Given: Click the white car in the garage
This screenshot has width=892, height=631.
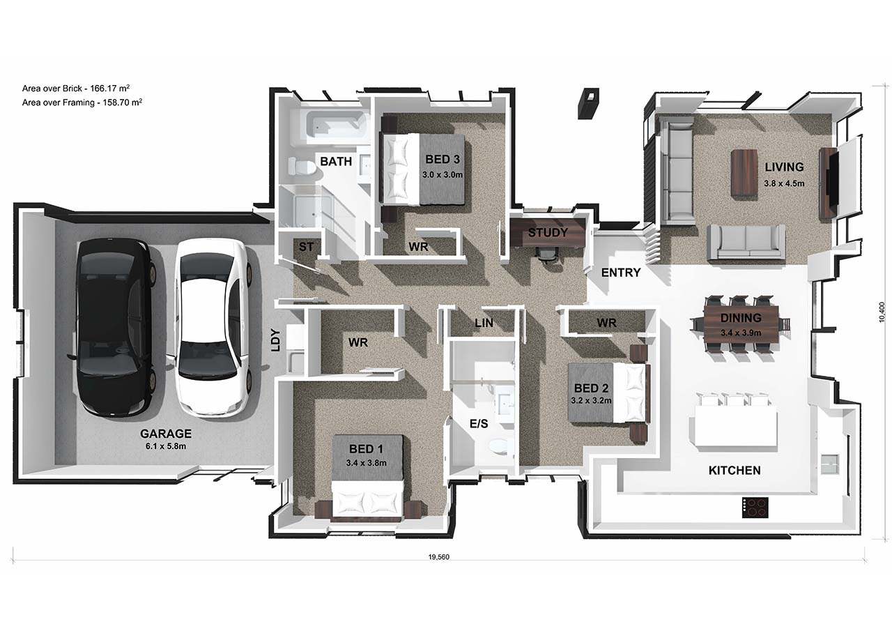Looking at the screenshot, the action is pos(214,328).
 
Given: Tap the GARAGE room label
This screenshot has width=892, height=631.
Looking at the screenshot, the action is pos(166,434).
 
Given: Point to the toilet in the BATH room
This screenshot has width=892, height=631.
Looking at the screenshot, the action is pos(302,166).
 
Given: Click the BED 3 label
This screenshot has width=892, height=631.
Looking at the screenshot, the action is pos(443,160).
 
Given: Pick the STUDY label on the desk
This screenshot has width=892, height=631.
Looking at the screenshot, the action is pos(548,232).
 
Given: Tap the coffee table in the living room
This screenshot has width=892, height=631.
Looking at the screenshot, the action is pos(744,172).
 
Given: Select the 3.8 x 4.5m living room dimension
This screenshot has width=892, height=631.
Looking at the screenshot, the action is pos(784,183).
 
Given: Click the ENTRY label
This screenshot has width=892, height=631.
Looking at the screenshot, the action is pos(621,273).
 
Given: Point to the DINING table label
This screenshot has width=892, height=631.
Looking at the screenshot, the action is pos(741,317).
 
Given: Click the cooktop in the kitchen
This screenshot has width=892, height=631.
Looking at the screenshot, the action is pos(755,508).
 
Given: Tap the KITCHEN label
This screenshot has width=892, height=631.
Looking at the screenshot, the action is pos(735,471).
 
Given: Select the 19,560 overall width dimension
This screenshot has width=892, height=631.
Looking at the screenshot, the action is pos(439,557).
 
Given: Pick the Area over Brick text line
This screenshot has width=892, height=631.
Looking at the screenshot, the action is pos(76,88).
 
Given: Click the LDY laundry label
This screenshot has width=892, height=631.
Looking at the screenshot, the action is pos(275,340).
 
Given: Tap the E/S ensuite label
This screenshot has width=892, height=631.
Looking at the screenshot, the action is pos(479,423).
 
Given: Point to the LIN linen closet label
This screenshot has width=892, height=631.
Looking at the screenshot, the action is pos(484,323).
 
